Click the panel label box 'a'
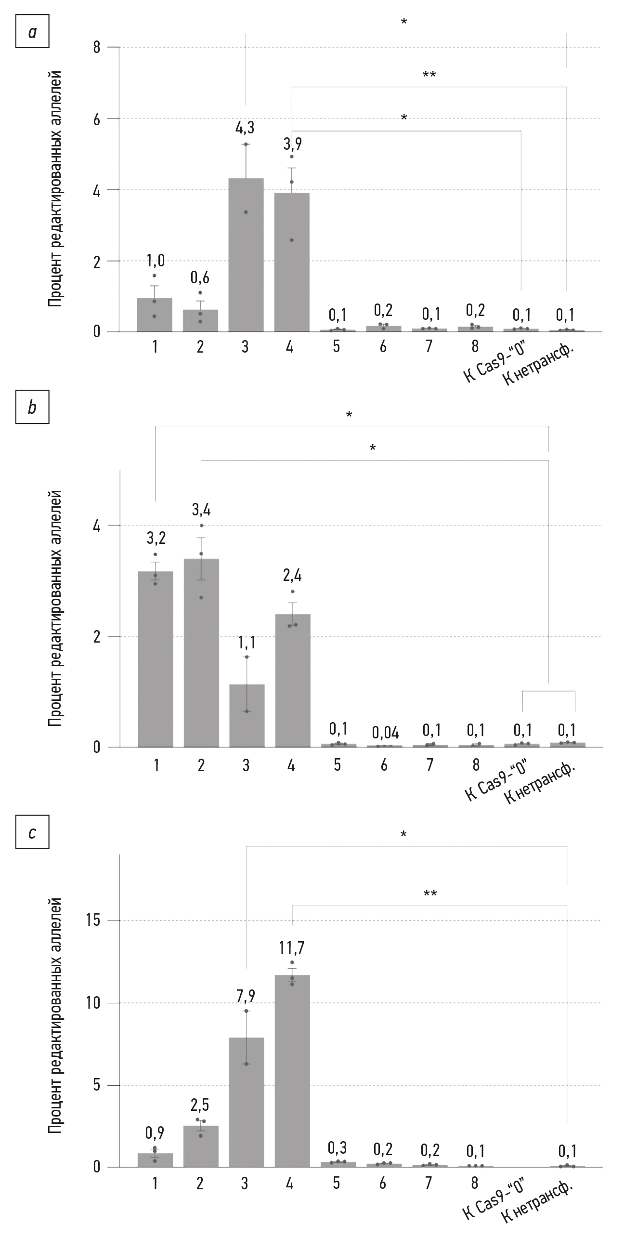tap(32, 33)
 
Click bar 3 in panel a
tap(246, 255)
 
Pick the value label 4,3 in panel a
tap(245, 128)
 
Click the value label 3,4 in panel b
tap(201, 509)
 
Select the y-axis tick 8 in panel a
tap(97, 47)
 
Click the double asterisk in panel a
tap(429, 75)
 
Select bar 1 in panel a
tap(155, 315)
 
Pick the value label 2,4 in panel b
tap(292, 575)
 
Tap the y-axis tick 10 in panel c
tap(94, 1003)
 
